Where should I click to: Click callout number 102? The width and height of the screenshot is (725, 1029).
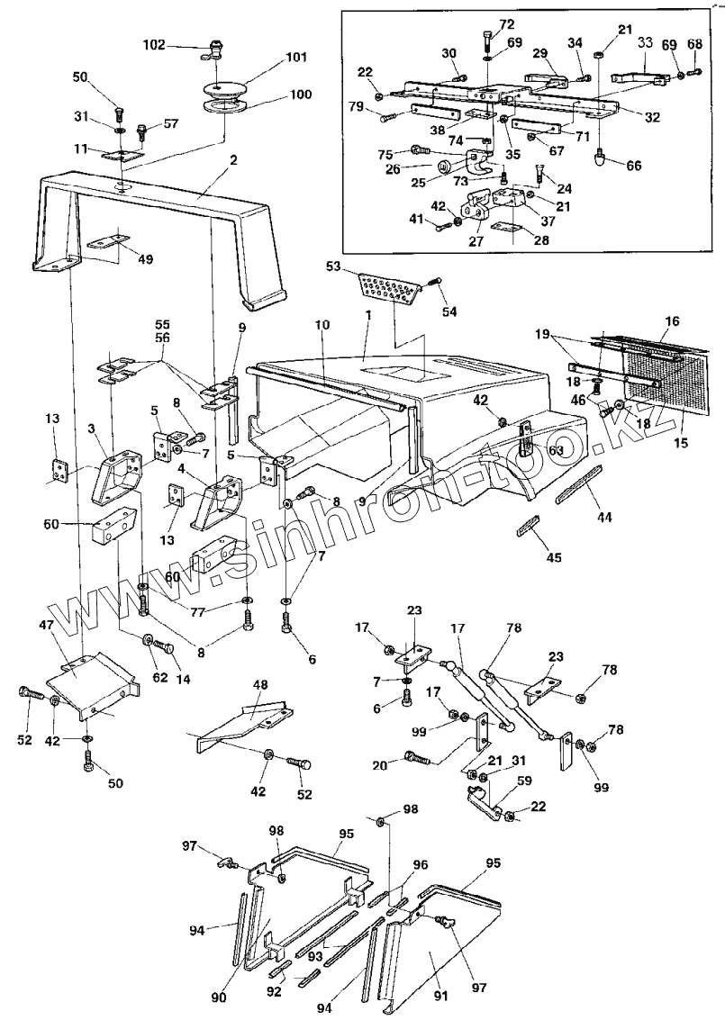coord(155,45)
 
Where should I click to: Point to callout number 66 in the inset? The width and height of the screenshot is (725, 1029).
coord(634,166)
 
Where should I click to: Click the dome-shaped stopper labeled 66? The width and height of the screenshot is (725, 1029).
coord(601,157)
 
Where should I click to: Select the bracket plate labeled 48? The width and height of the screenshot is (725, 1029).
coord(244,725)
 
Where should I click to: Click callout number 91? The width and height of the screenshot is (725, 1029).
coord(440,996)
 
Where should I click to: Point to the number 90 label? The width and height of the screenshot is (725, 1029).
coord(219,997)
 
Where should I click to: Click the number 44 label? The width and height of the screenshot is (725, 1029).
coord(604,517)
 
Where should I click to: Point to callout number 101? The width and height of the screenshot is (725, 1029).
coord(296,58)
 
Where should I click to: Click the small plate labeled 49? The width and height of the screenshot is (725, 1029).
coord(105,241)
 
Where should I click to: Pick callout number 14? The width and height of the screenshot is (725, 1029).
coord(182,679)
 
